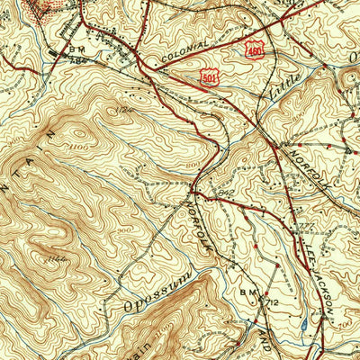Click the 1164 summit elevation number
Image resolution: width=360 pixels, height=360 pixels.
61,261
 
